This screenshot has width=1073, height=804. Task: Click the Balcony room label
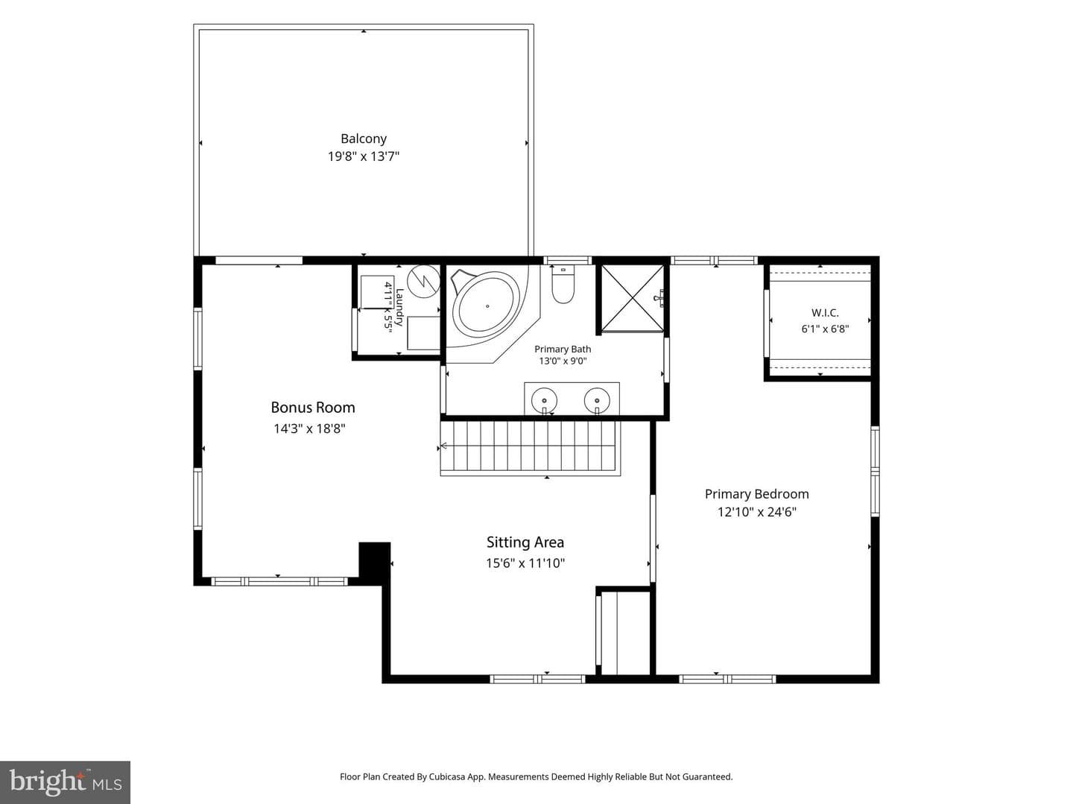(363, 139)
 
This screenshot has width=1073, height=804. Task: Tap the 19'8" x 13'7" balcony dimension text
(363, 156)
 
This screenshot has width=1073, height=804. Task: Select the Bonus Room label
(313, 407)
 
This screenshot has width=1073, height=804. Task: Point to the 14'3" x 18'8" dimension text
(309, 428)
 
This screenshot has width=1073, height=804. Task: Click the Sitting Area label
(525, 542)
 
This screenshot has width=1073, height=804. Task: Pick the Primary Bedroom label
(757, 494)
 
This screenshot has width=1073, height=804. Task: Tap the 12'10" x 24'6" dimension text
(757, 512)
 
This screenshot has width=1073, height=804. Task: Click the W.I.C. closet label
(825, 312)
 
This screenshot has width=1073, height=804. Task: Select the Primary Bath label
(563, 349)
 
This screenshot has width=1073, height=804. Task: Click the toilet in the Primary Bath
(563, 285)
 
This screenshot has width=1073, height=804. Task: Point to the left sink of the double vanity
(544, 401)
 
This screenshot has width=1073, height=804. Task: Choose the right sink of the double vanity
(597, 401)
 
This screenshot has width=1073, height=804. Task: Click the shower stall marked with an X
(632, 298)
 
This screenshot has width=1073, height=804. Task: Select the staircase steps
(531, 448)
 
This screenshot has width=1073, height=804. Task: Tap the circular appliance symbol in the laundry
(423, 281)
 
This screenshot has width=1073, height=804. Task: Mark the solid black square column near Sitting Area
(375, 560)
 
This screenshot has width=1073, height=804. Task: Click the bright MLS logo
(65, 782)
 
